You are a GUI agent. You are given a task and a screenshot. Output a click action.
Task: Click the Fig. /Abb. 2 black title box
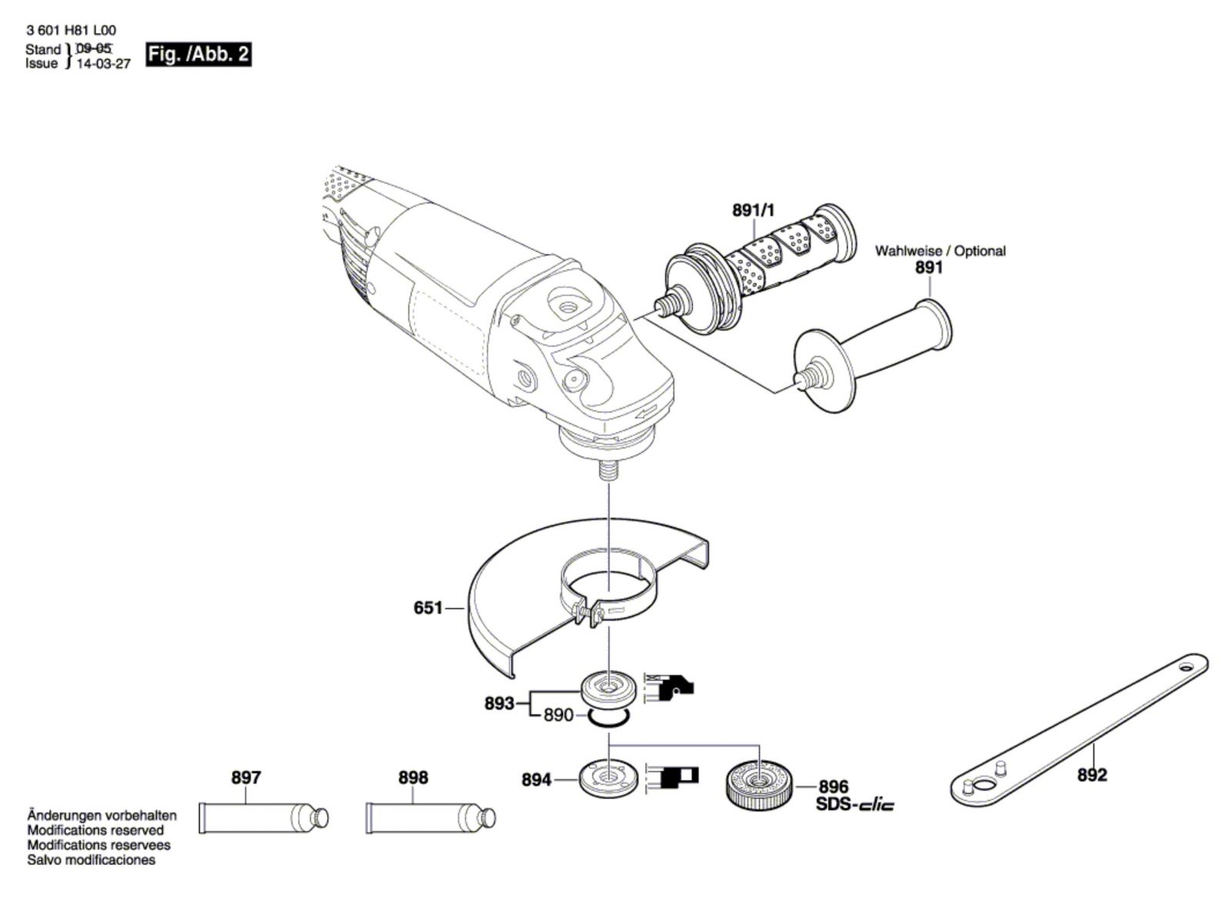click(x=199, y=55)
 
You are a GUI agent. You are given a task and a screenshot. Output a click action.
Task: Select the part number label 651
click(x=428, y=608)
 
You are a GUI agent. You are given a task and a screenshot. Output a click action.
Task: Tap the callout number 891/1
click(x=753, y=210)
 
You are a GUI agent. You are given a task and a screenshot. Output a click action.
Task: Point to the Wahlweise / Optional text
click(x=940, y=251)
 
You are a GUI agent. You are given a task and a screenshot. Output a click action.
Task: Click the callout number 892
click(x=1092, y=775)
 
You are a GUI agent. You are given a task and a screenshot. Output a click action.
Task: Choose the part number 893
click(x=500, y=703)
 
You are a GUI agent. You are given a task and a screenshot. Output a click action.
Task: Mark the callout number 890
click(x=558, y=716)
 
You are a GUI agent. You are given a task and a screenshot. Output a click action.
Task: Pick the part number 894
click(x=536, y=780)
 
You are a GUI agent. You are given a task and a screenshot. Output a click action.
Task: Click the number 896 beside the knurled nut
click(x=834, y=786)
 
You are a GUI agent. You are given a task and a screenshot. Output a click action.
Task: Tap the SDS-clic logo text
click(x=855, y=805)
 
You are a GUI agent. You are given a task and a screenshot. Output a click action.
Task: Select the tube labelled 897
click(x=263, y=818)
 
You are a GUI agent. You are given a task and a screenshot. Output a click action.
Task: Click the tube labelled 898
click(x=430, y=818)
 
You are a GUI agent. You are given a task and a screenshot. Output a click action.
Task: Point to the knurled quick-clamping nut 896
click(x=760, y=783)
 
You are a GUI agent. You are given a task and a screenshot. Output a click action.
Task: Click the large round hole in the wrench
click(x=984, y=783)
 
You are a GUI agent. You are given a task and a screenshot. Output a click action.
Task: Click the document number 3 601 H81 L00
click(x=71, y=30)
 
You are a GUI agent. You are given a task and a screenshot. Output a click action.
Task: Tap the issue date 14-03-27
click(x=103, y=64)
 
